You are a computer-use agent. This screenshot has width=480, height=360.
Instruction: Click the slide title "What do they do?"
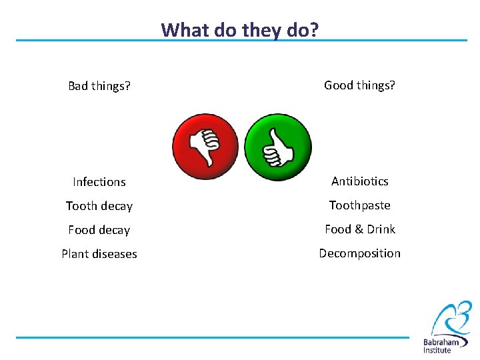pos(240,30)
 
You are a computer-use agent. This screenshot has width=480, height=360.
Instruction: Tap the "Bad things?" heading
pos(99,86)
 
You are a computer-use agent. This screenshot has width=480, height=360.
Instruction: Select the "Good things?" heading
pos(359,85)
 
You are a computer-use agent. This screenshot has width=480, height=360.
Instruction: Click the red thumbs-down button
pos(205,147)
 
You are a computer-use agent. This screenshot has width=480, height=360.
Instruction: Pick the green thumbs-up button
pos(278,147)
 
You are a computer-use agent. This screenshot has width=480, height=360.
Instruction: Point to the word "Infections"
pos(99,181)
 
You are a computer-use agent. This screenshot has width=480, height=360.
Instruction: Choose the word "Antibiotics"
pos(359,181)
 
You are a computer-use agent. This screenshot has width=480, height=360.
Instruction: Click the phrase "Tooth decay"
pos(99,206)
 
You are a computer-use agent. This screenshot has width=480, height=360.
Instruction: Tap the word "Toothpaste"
pos(359,205)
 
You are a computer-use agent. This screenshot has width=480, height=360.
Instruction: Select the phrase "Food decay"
pos(99,230)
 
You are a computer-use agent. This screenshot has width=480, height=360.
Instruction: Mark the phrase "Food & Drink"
pos(359,229)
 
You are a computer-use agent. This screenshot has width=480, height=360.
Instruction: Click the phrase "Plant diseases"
pos(99,254)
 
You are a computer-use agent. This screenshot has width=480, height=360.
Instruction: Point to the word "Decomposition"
pos(359,253)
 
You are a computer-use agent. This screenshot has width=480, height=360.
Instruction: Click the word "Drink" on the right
pos(381,229)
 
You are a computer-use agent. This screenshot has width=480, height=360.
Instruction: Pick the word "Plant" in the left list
pos(75,254)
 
